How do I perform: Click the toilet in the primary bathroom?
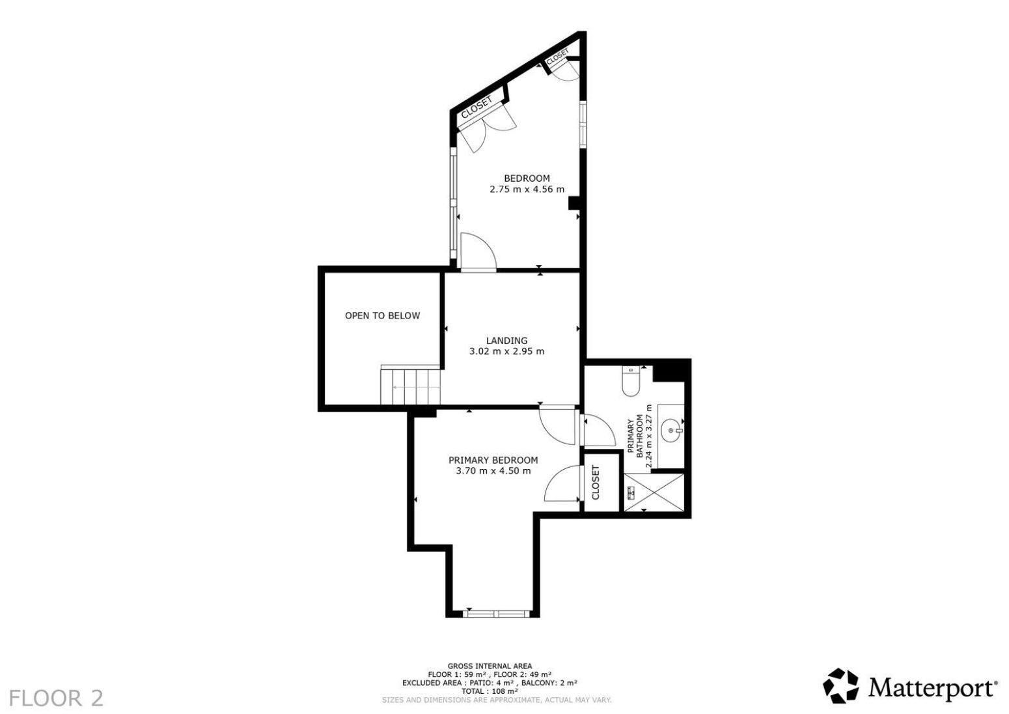tap(631, 382)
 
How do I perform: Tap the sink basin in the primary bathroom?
tap(672, 431)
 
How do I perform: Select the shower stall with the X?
tap(654, 493)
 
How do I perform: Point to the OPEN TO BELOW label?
tap(382, 316)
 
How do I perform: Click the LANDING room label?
tap(506, 341)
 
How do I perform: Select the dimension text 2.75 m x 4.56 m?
tap(527, 190)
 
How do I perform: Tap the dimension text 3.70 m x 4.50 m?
tap(493, 471)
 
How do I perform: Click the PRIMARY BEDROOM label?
tap(493, 460)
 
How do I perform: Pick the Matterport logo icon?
tap(840, 687)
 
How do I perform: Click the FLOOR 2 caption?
tap(56, 698)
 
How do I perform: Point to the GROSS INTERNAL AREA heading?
tap(490, 666)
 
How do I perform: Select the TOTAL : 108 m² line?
tap(490, 691)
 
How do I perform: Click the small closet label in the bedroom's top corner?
tap(558, 57)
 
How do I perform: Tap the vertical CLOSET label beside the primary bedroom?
tap(596, 482)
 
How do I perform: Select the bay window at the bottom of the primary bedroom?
tap(496, 614)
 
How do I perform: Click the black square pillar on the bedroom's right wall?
tap(574, 203)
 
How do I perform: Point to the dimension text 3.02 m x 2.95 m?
tap(506, 351)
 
